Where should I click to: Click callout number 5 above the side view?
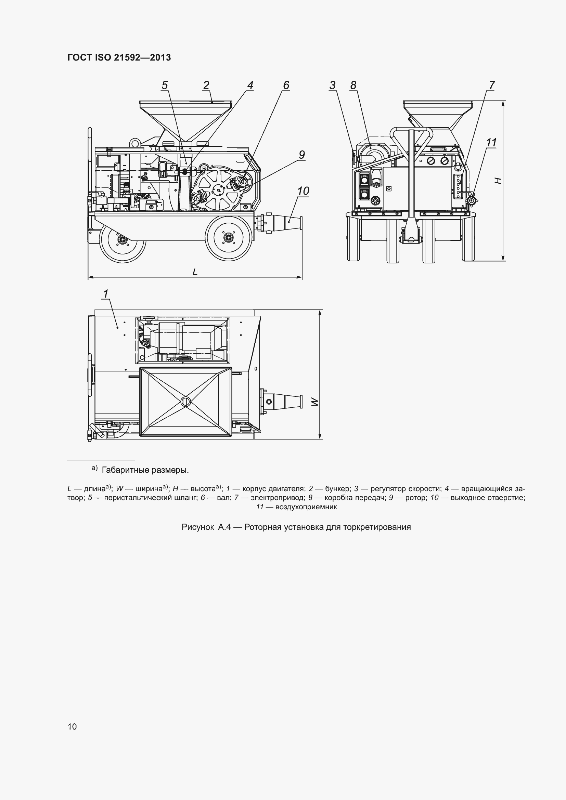[x=165, y=86]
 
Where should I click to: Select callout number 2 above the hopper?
[x=206, y=86]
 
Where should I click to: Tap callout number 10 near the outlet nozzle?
[x=303, y=191]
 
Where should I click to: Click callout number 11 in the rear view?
[x=491, y=143]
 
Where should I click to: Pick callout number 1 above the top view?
[x=106, y=294]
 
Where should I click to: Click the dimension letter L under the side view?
[x=195, y=272]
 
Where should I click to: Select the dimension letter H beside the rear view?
[x=499, y=181]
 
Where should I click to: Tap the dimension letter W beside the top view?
[x=315, y=402]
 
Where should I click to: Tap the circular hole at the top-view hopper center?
[x=185, y=402]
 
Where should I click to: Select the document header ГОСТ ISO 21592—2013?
[x=119, y=57]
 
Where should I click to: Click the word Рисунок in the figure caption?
[x=197, y=527]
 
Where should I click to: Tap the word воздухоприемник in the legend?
[x=306, y=507]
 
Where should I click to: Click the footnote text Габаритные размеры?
[x=145, y=470]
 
